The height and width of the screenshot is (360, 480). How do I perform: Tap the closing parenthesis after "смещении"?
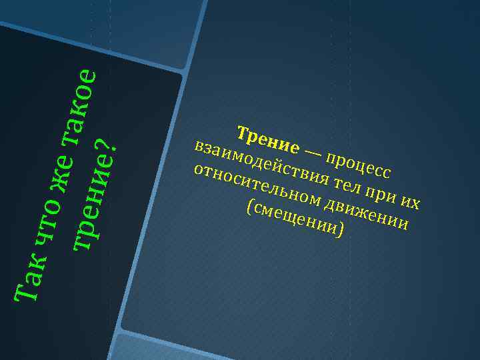tap(341, 231)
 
